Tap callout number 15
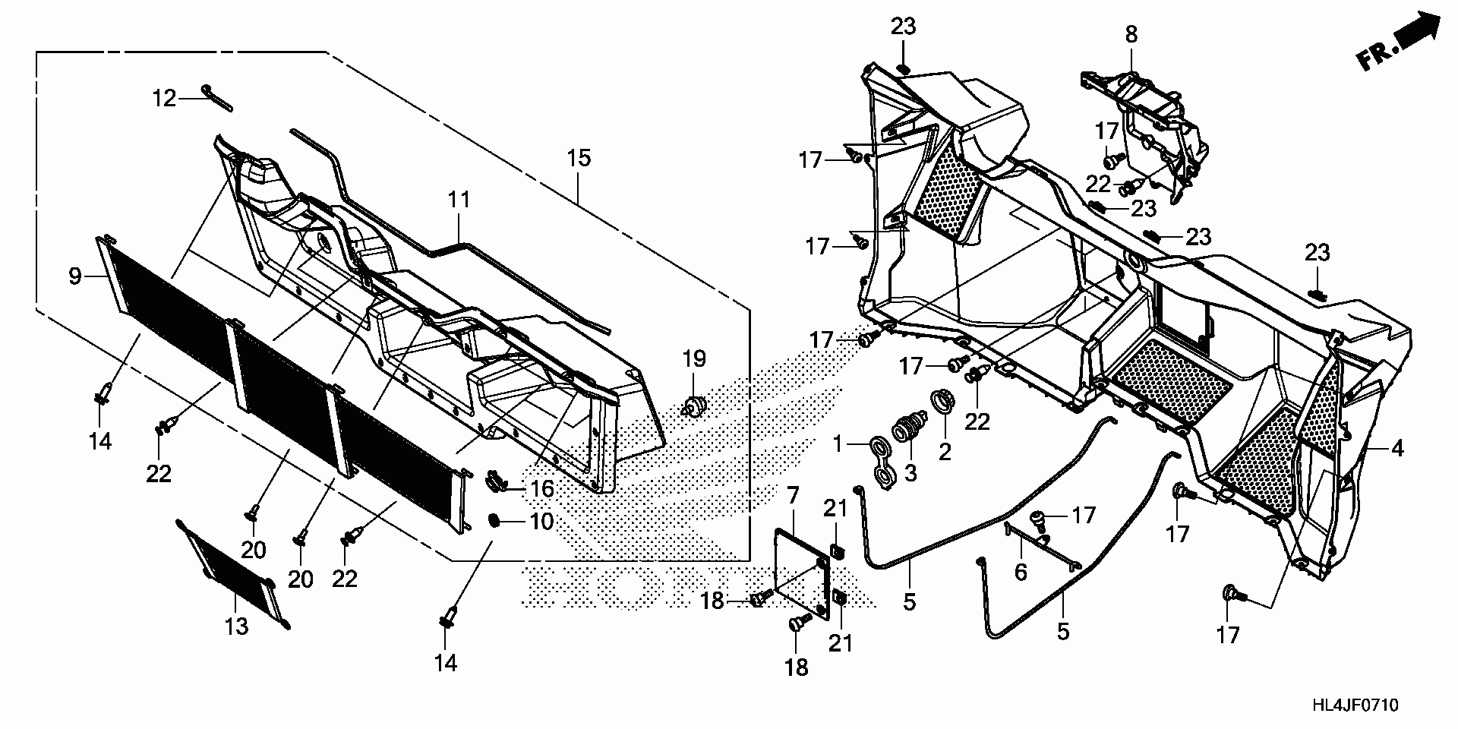tap(578, 159)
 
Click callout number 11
tap(458, 200)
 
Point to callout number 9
tap(74, 276)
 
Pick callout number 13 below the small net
tap(237, 626)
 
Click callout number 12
tap(163, 98)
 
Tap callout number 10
tap(541, 522)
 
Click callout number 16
tap(541, 488)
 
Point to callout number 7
tap(793, 497)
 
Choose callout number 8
tap(1131, 34)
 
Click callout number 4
tap(1397, 448)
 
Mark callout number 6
tap(1020, 572)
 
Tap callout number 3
tap(910, 473)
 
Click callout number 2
tap(945, 452)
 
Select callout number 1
tap(838, 445)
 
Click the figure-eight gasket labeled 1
tap(883, 465)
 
